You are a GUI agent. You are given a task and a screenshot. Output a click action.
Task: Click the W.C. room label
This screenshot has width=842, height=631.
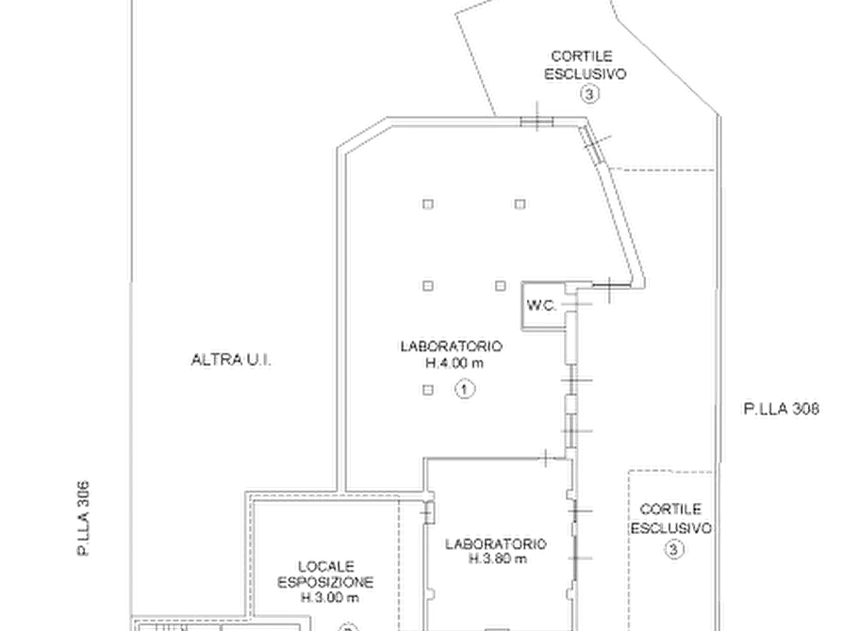(542, 306)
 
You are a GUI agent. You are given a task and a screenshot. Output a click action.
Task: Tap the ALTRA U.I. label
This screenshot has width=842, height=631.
(231, 360)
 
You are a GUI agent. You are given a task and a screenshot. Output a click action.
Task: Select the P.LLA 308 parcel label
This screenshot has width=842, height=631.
(782, 409)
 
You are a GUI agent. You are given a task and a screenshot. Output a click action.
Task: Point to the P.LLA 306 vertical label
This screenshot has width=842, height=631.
(83, 518)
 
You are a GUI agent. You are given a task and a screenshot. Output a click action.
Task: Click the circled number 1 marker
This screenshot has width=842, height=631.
(465, 388)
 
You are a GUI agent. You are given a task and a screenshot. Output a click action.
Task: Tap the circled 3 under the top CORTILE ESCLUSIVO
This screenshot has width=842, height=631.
(589, 94)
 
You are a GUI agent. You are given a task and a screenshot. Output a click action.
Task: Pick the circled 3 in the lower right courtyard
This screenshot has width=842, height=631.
(674, 549)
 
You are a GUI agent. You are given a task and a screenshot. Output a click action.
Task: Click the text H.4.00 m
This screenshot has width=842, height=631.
(454, 364)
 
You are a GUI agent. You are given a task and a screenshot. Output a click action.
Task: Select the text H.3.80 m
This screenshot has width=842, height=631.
(498, 559)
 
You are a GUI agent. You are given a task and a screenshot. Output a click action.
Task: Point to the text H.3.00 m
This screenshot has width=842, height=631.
(330, 598)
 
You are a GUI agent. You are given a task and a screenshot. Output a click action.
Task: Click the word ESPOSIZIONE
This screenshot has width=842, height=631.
(325, 582)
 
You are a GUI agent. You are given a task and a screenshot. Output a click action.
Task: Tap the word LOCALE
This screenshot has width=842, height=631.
(326, 567)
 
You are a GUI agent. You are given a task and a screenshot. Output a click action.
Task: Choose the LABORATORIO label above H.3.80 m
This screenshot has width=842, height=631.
(496, 544)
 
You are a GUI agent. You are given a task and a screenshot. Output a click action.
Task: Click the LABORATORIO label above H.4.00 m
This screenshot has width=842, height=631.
(452, 347)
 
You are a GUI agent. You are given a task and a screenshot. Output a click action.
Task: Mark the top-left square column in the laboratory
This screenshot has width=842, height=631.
(428, 203)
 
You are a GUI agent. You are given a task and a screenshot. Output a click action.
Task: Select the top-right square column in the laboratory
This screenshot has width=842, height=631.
(520, 203)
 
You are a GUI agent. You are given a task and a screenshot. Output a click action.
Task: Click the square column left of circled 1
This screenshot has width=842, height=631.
(428, 390)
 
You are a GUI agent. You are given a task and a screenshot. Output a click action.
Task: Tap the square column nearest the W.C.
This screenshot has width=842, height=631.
(501, 286)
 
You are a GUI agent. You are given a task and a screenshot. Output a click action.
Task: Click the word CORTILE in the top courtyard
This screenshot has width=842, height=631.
(582, 57)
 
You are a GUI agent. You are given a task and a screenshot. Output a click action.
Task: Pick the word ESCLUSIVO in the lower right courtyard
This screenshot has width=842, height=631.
(670, 528)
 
